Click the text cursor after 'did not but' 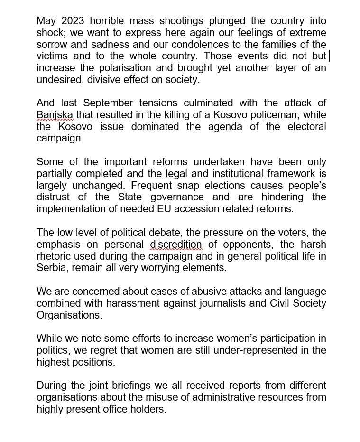point(329,56)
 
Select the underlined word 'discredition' point(176,244)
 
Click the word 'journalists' point(225,303)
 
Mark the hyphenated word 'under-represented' point(264,350)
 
